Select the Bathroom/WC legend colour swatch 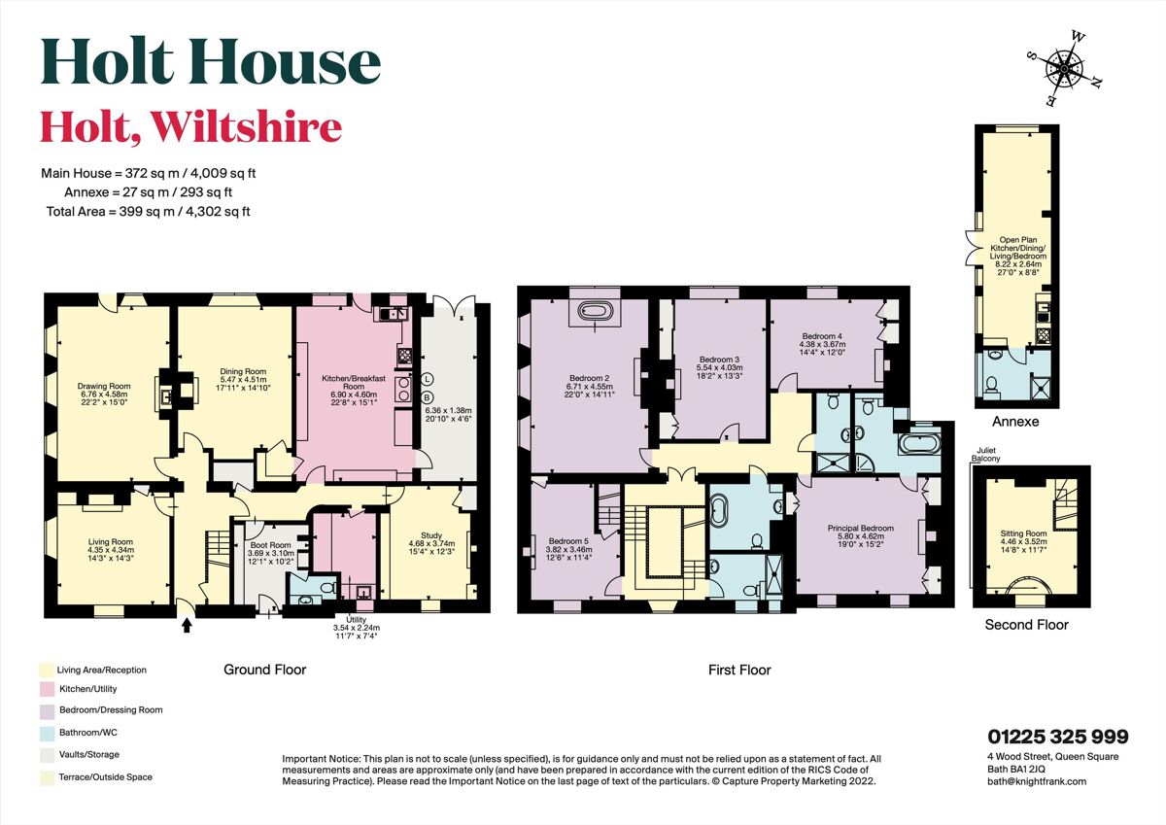pos(47,733)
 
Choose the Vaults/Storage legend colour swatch pos(47,754)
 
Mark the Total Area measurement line pos(148,211)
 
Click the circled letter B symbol pos(428,397)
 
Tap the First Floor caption pos(739,670)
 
